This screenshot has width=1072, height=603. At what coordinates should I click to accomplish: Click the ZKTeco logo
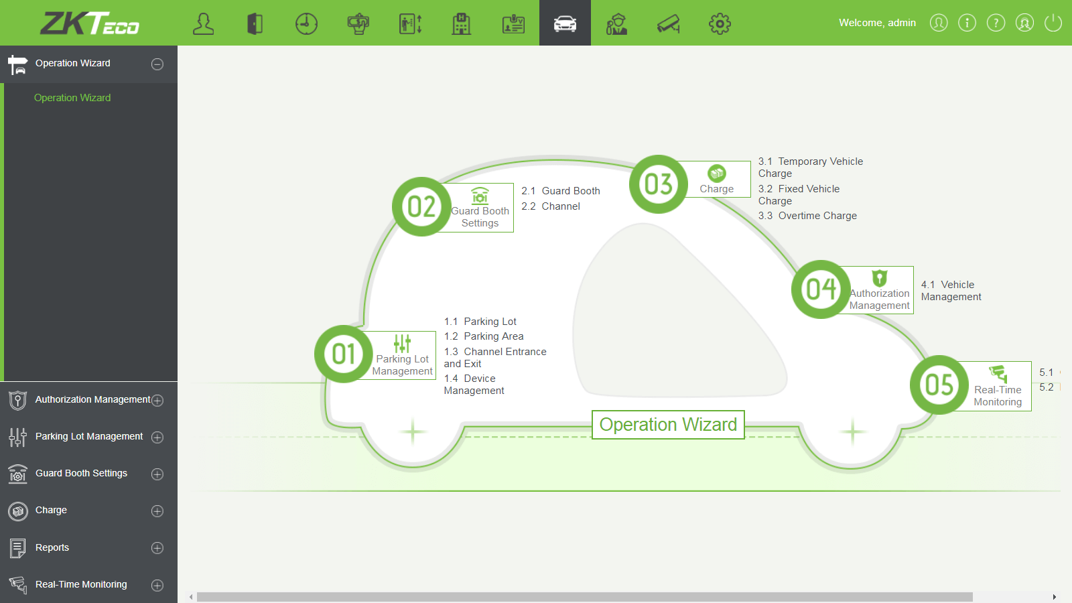(x=90, y=23)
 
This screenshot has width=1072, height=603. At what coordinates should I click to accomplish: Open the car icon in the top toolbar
(x=565, y=23)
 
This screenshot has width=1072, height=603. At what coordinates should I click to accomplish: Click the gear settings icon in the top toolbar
(x=720, y=23)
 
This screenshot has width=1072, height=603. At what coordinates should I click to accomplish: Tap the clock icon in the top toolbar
(x=306, y=23)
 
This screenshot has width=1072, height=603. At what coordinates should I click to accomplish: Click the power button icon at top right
(x=1053, y=23)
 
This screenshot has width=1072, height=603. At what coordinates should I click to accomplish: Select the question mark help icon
(x=996, y=23)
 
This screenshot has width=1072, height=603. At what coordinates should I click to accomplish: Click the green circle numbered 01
(x=344, y=354)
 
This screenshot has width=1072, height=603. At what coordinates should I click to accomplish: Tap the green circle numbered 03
(x=659, y=184)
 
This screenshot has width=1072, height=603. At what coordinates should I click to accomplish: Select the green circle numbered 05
(x=939, y=385)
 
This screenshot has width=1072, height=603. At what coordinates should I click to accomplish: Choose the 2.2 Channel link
(x=551, y=206)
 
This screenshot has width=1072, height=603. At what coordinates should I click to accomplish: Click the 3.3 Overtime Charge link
(x=807, y=216)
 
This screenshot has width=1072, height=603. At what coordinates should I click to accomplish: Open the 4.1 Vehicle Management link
(x=951, y=291)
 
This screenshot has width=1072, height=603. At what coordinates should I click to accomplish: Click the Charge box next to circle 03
(x=717, y=180)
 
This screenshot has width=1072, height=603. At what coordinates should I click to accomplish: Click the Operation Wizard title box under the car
(x=668, y=425)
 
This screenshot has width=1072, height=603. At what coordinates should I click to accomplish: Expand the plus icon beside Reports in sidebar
(x=157, y=548)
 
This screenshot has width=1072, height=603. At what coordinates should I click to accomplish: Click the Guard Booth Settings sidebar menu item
(x=81, y=474)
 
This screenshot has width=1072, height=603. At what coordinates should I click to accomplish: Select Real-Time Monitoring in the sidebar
(x=81, y=584)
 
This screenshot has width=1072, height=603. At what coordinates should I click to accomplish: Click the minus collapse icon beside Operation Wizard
(x=157, y=64)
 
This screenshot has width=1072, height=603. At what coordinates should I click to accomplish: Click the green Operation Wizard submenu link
(x=72, y=98)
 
